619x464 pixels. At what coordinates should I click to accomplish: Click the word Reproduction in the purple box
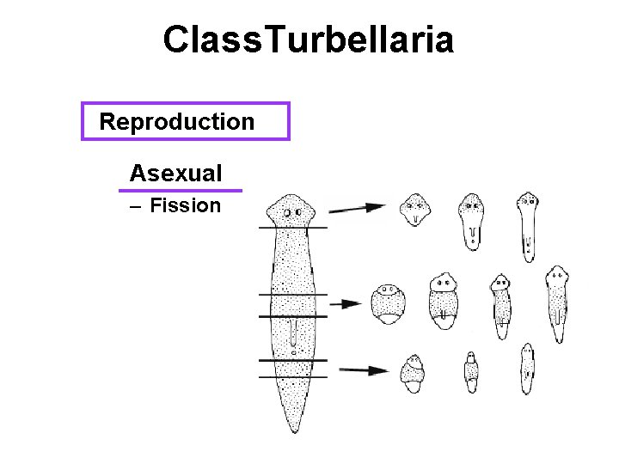click(x=177, y=121)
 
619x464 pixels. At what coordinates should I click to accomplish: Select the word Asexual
click(x=175, y=173)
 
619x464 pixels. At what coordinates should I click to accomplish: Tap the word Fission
click(x=185, y=205)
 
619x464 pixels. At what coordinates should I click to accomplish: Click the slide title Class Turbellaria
click(x=309, y=40)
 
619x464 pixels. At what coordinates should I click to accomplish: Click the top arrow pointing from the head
click(x=356, y=207)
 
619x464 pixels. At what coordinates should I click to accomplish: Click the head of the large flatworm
click(x=291, y=209)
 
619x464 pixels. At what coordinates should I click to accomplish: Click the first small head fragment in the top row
click(x=416, y=209)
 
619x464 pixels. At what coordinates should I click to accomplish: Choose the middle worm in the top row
click(x=471, y=220)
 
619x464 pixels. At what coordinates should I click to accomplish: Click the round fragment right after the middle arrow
click(x=387, y=303)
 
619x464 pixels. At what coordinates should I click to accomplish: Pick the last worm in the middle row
click(x=557, y=303)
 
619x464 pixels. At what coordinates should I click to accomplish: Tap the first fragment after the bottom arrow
click(x=414, y=373)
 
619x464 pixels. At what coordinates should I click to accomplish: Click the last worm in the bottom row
click(x=527, y=369)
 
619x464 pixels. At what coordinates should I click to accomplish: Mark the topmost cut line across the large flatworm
click(x=293, y=227)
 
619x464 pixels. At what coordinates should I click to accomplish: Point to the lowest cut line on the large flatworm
click(x=293, y=377)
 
